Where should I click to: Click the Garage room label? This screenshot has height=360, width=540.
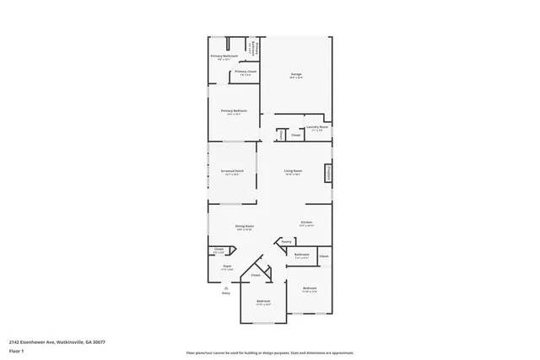[295, 75]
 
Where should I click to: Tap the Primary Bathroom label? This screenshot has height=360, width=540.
[224, 56]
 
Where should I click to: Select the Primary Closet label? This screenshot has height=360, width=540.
[246, 73]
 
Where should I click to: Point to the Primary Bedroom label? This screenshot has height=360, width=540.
[234, 111]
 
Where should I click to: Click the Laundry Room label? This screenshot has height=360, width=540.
[317, 127]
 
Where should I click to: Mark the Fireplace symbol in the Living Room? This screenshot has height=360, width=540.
[327, 173]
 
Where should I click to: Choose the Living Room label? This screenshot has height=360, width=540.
[294, 171]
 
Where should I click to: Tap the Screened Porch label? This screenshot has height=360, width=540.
[233, 171]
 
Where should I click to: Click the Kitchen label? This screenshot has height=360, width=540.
[306, 223]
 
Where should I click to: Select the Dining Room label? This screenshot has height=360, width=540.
[245, 226]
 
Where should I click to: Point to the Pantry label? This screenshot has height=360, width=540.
[287, 241]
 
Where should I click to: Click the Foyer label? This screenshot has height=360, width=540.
[227, 266]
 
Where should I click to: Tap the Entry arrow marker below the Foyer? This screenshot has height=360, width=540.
[225, 287]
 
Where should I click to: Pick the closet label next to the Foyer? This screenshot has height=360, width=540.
[219, 249]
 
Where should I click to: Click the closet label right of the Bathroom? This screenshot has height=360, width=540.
[323, 256]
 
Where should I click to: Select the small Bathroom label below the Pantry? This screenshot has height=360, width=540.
[301, 255]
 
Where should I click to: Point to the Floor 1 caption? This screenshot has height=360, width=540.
[15, 350]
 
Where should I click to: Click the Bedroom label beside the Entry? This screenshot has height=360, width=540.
[263, 301]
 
